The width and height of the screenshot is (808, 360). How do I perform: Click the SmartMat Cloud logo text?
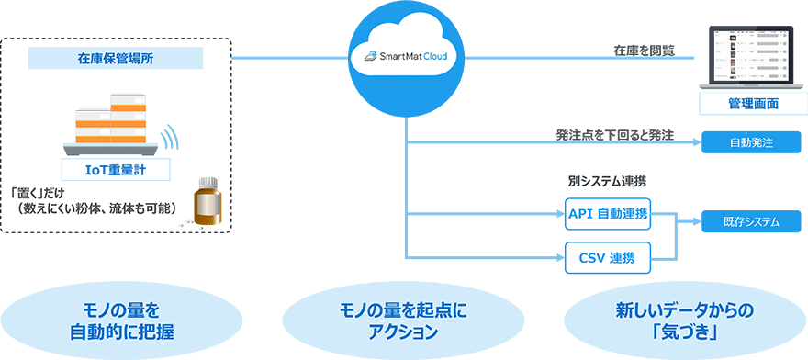coord(406,56)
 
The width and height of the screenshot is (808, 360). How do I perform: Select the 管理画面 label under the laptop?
coord(753,104)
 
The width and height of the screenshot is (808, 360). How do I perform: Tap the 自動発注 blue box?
coord(752,142)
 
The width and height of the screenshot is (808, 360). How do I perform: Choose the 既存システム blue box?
coord(752,221)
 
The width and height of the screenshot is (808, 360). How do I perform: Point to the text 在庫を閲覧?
coord(644,51)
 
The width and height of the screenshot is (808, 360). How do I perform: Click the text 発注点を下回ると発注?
coord(614,135)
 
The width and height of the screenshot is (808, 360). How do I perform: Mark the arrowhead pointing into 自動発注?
coord(697,142)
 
